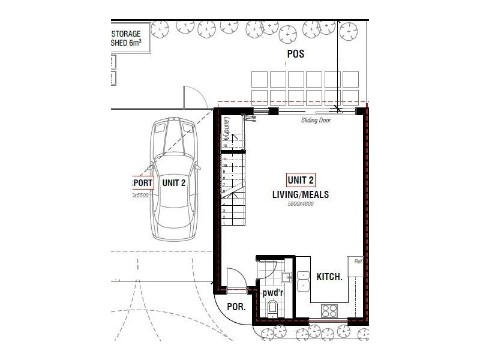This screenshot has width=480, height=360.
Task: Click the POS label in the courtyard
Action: [295, 54]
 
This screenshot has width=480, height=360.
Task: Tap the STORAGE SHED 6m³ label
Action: [127, 38]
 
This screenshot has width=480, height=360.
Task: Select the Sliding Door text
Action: [316, 120]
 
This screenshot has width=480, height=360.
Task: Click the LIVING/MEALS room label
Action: [301, 195]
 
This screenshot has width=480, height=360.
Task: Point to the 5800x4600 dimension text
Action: [301, 204]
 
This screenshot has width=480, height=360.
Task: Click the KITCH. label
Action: [329, 277]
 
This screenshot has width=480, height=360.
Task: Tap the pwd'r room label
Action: [272, 293]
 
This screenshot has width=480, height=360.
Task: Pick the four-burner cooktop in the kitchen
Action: [330, 310]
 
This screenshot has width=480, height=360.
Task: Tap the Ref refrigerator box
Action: [355, 265]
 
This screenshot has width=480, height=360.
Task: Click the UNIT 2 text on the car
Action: [173, 183]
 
